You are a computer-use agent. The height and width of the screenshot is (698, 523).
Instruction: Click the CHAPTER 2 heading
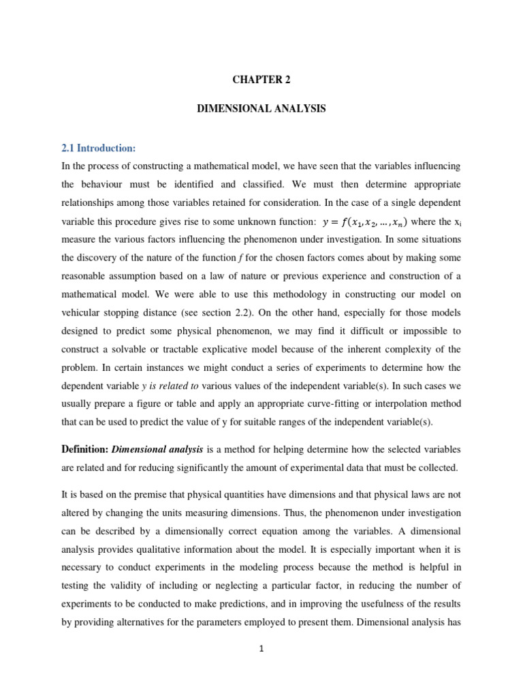point(261,80)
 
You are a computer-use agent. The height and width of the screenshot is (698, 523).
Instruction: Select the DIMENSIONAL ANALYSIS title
point(261,109)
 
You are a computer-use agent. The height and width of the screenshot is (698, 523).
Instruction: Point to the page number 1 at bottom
point(261,649)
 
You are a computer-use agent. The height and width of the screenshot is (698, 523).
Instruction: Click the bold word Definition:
point(84,449)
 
